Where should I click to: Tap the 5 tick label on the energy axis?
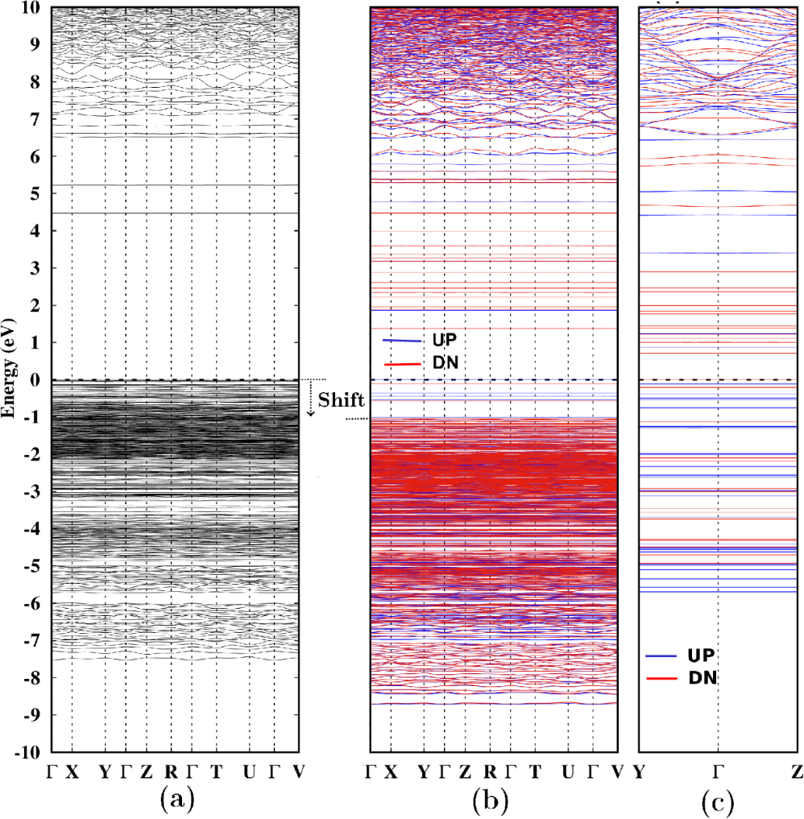pyautogui.click(x=37, y=194)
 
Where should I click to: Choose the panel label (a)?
pyautogui.click(x=176, y=800)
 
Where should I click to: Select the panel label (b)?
pyautogui.click(x=493, y=800)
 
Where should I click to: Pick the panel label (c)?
pyautogui.click(x=718, y=800)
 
